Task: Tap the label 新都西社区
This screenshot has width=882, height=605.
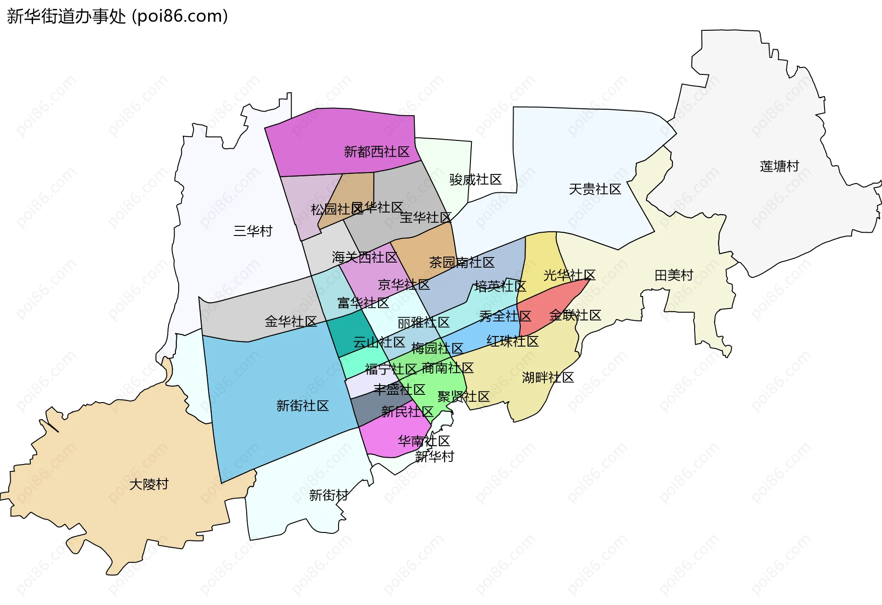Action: (377, 152)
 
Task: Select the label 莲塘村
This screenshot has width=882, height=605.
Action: (780, 166)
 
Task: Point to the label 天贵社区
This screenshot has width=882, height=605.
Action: (595, 189)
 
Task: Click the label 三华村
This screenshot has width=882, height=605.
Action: (253, 231)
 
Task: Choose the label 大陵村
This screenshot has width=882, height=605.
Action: (149, 484)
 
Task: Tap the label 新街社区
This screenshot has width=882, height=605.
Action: (303, 406)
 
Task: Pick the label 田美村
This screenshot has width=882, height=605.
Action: (674, 275)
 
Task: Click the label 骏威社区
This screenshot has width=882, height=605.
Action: (475, 179)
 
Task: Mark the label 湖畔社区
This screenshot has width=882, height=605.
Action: (548, 378)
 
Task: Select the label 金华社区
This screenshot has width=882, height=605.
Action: (291, 322)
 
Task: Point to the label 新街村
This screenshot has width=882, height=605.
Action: (328, 495)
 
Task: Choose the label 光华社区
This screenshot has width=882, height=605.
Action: (570, 275)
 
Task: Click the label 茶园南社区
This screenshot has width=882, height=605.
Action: (462, 263)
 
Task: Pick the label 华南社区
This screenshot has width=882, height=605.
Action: (424, 441)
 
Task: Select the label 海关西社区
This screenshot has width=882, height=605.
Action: (365, 258)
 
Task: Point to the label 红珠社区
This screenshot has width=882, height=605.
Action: (513, 342)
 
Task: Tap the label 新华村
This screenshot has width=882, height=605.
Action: (435, 457)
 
